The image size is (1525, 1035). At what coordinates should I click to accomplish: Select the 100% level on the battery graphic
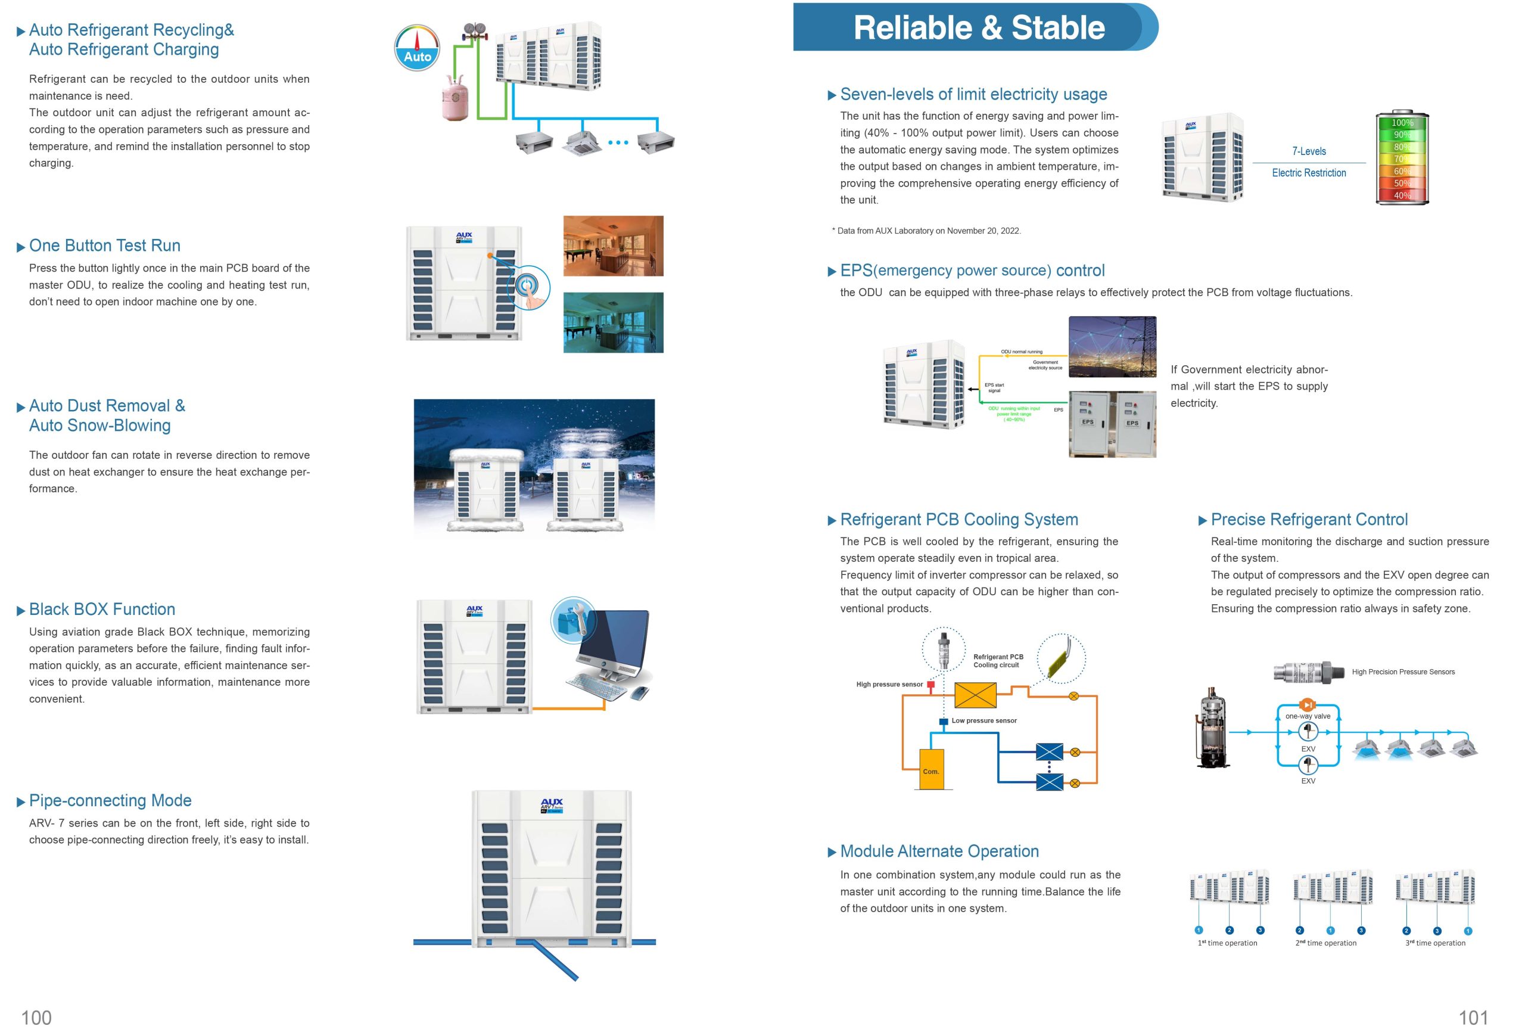(1402, 123)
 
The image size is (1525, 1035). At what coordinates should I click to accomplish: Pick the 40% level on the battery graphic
(1402, 195)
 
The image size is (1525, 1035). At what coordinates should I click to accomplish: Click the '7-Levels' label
(1308, 151)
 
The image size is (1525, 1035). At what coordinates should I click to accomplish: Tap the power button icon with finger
(528, 287)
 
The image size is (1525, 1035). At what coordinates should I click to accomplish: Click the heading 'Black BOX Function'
(102, 609)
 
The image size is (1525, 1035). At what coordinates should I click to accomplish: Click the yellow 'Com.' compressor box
(931, 769)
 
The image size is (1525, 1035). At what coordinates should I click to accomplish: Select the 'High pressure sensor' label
(889, 685)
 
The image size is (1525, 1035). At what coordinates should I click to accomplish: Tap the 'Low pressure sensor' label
(984, 720)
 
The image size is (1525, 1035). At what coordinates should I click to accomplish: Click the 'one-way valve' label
(1307, 716)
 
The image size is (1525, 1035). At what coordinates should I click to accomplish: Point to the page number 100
(36, 1017)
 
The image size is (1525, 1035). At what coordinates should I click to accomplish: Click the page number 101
(1473, 1017)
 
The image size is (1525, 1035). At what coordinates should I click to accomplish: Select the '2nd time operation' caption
(1325, 943)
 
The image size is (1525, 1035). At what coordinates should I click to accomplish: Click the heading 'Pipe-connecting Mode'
(110, 800)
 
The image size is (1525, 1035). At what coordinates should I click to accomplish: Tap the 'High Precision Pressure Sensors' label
(1403, 672)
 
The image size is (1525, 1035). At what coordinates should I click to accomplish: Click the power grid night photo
(1112, 347)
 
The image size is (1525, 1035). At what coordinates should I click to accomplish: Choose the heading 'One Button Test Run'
(104, 245)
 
